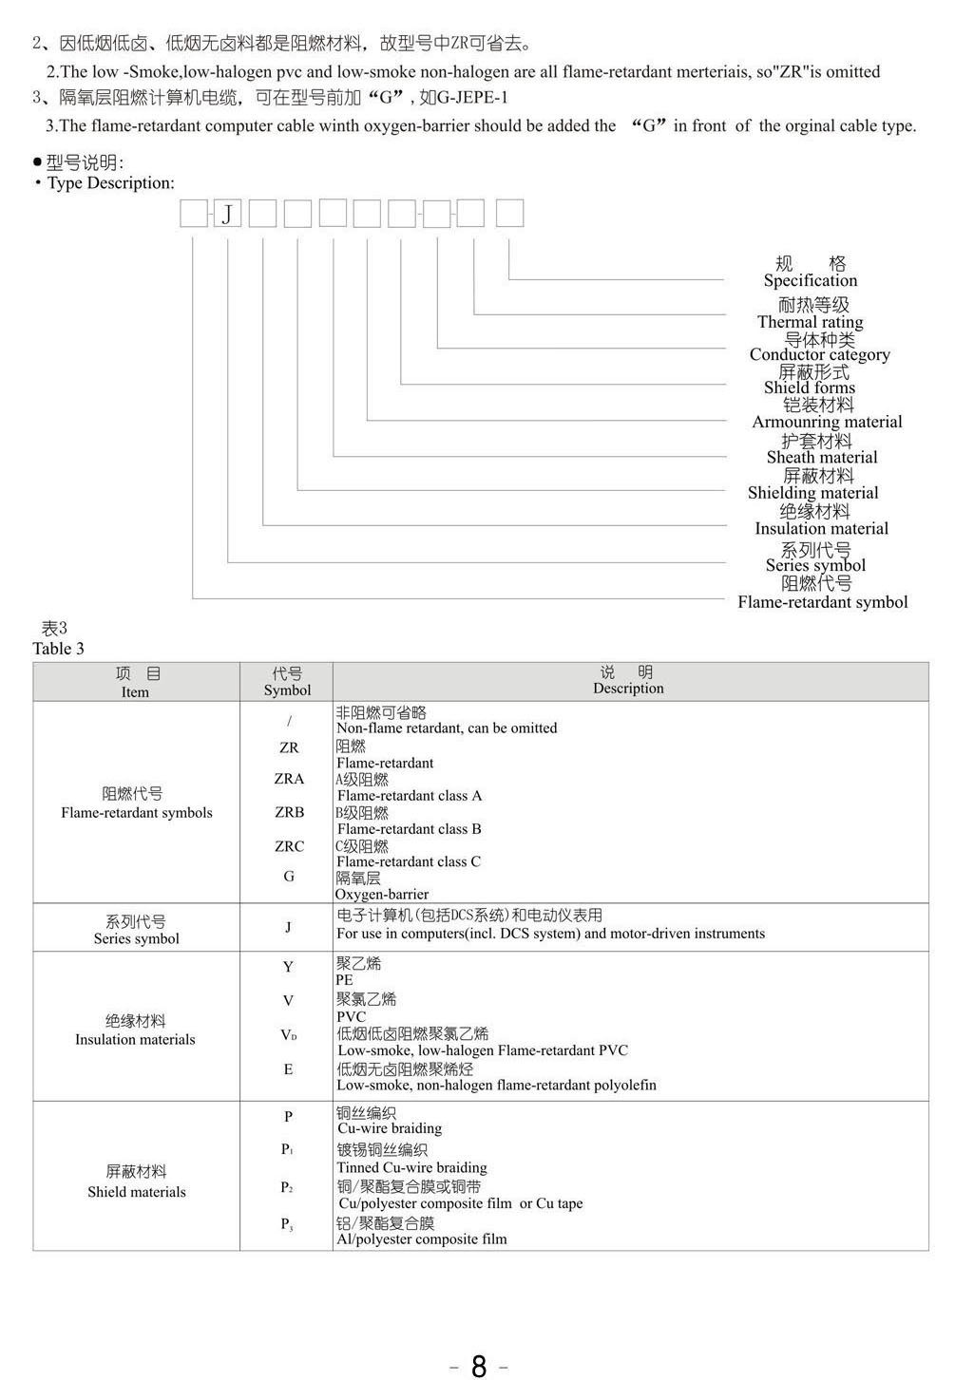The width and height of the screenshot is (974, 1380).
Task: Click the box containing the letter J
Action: [227, 214]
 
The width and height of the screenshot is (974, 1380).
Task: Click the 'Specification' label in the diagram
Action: [811, 280]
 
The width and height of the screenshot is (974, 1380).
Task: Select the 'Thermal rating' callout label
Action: [811, 322]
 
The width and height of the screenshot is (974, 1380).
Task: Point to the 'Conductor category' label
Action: [819, 354]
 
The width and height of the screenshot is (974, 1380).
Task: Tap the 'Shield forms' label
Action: [810, 388]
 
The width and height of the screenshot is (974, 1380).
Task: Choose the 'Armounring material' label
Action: [827, 422]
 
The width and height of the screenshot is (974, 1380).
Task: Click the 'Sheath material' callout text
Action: [822, 457]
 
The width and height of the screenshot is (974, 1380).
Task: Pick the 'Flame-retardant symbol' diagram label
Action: [823, 602]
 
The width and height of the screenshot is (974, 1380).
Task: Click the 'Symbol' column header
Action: [287, 690]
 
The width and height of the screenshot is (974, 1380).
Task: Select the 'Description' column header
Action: [628, 689]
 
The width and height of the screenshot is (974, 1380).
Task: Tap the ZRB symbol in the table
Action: [290, 812]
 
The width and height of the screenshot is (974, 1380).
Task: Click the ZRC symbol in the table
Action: [290, 846]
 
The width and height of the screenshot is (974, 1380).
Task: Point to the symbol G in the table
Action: [289, 876]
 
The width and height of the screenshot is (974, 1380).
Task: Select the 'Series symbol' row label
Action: [136, 938]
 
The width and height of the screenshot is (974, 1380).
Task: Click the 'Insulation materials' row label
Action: [135, 1040]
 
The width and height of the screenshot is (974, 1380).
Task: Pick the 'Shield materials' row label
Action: [136, 1192]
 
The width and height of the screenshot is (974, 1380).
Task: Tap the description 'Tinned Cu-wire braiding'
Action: [411, 1168]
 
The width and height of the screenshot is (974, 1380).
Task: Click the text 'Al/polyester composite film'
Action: [421, 1239]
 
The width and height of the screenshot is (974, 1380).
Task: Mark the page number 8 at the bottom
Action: [479, 1366]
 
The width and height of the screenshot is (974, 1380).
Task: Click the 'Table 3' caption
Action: [58, 649]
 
